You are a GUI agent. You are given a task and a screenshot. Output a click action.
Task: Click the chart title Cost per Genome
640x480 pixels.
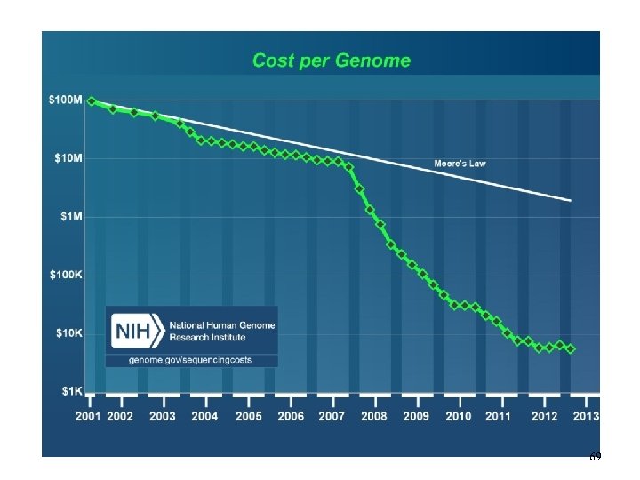[x=332, y=60]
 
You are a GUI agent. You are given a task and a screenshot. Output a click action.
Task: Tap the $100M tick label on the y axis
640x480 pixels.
[x=66, y=100]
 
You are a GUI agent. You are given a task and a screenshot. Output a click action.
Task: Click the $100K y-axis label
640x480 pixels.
[x=66, y=276]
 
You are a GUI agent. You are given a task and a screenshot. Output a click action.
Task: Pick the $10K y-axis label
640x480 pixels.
[x=68, y=333]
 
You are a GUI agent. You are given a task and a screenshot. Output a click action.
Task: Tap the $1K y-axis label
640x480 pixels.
[x=70, y=391]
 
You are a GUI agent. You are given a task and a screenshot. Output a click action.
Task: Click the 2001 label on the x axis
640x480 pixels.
[x=87, y=416]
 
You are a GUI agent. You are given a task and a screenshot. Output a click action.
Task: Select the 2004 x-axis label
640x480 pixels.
[x=205, y=416]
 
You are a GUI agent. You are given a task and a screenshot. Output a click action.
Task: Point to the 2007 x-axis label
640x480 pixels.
[x=332, y=416]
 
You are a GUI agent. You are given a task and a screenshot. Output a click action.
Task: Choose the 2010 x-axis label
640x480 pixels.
[x=459, y=416]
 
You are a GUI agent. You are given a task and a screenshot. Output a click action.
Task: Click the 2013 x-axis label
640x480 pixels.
[x=586, y=416]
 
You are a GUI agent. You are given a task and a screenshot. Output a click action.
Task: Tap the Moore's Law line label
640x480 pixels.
[x=460, y=164]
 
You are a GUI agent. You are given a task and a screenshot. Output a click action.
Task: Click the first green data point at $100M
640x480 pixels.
[x=92, y=101]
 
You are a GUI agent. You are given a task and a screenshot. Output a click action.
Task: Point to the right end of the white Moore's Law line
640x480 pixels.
[x=570, y=201]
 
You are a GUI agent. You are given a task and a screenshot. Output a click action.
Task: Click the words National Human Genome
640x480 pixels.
[x=222, y=325]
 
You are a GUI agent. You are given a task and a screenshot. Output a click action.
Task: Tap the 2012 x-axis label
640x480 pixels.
[x=543, y=416]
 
